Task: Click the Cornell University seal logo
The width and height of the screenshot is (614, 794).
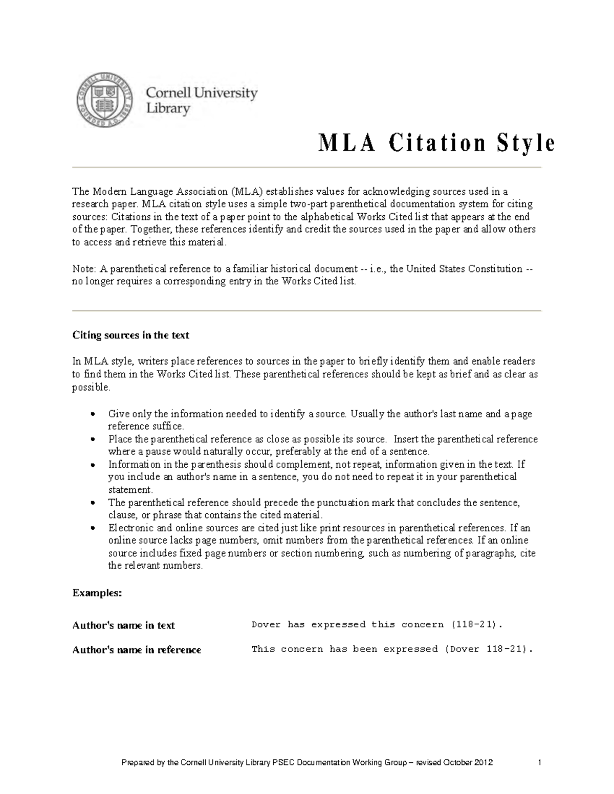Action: tap(105, 100)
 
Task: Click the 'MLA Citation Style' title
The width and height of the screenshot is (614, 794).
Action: tap(436, 143)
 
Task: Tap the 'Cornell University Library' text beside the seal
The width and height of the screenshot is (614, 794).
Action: tap(202, 101)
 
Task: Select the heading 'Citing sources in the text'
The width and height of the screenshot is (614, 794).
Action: tap(130, 335)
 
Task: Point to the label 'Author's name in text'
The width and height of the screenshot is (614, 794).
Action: tap(123, 625)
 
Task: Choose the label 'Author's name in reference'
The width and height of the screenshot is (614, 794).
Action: tap(137, 650)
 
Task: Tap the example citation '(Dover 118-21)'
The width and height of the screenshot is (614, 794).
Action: tap(488, 649)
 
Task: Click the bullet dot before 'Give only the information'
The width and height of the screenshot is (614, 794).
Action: tap(93, 415)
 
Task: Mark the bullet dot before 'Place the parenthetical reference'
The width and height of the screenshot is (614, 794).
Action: tap(93, 440)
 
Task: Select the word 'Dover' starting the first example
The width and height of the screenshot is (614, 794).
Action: tap(266, 625)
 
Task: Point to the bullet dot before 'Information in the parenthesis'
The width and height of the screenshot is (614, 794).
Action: tap(93, 465)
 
